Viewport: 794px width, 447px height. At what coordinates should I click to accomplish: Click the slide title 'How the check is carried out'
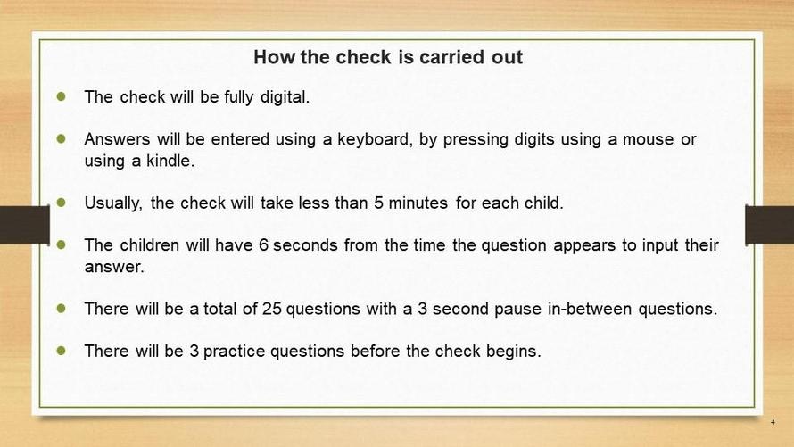click(388, 57)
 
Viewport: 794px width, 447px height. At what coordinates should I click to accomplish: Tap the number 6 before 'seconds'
click(263, 245)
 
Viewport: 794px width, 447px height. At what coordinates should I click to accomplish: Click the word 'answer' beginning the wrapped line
click(114, 268)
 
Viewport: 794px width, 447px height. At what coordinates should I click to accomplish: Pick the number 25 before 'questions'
click(272, 310)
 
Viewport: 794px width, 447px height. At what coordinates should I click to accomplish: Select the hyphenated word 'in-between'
click(590, 310)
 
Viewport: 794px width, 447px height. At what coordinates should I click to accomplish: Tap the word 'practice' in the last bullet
click(234, 352)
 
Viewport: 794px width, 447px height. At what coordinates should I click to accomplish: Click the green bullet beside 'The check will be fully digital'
click(62, 96)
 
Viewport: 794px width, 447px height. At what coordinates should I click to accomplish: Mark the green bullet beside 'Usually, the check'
click(62, 203)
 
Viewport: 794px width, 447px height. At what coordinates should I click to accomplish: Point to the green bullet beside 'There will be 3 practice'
click(62, 351)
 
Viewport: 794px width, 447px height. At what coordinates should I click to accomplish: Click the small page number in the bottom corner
click(773, 422)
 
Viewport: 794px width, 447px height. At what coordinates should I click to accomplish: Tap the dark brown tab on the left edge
click(25, 225)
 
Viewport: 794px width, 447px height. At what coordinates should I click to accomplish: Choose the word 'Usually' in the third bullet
click(113, 203)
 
